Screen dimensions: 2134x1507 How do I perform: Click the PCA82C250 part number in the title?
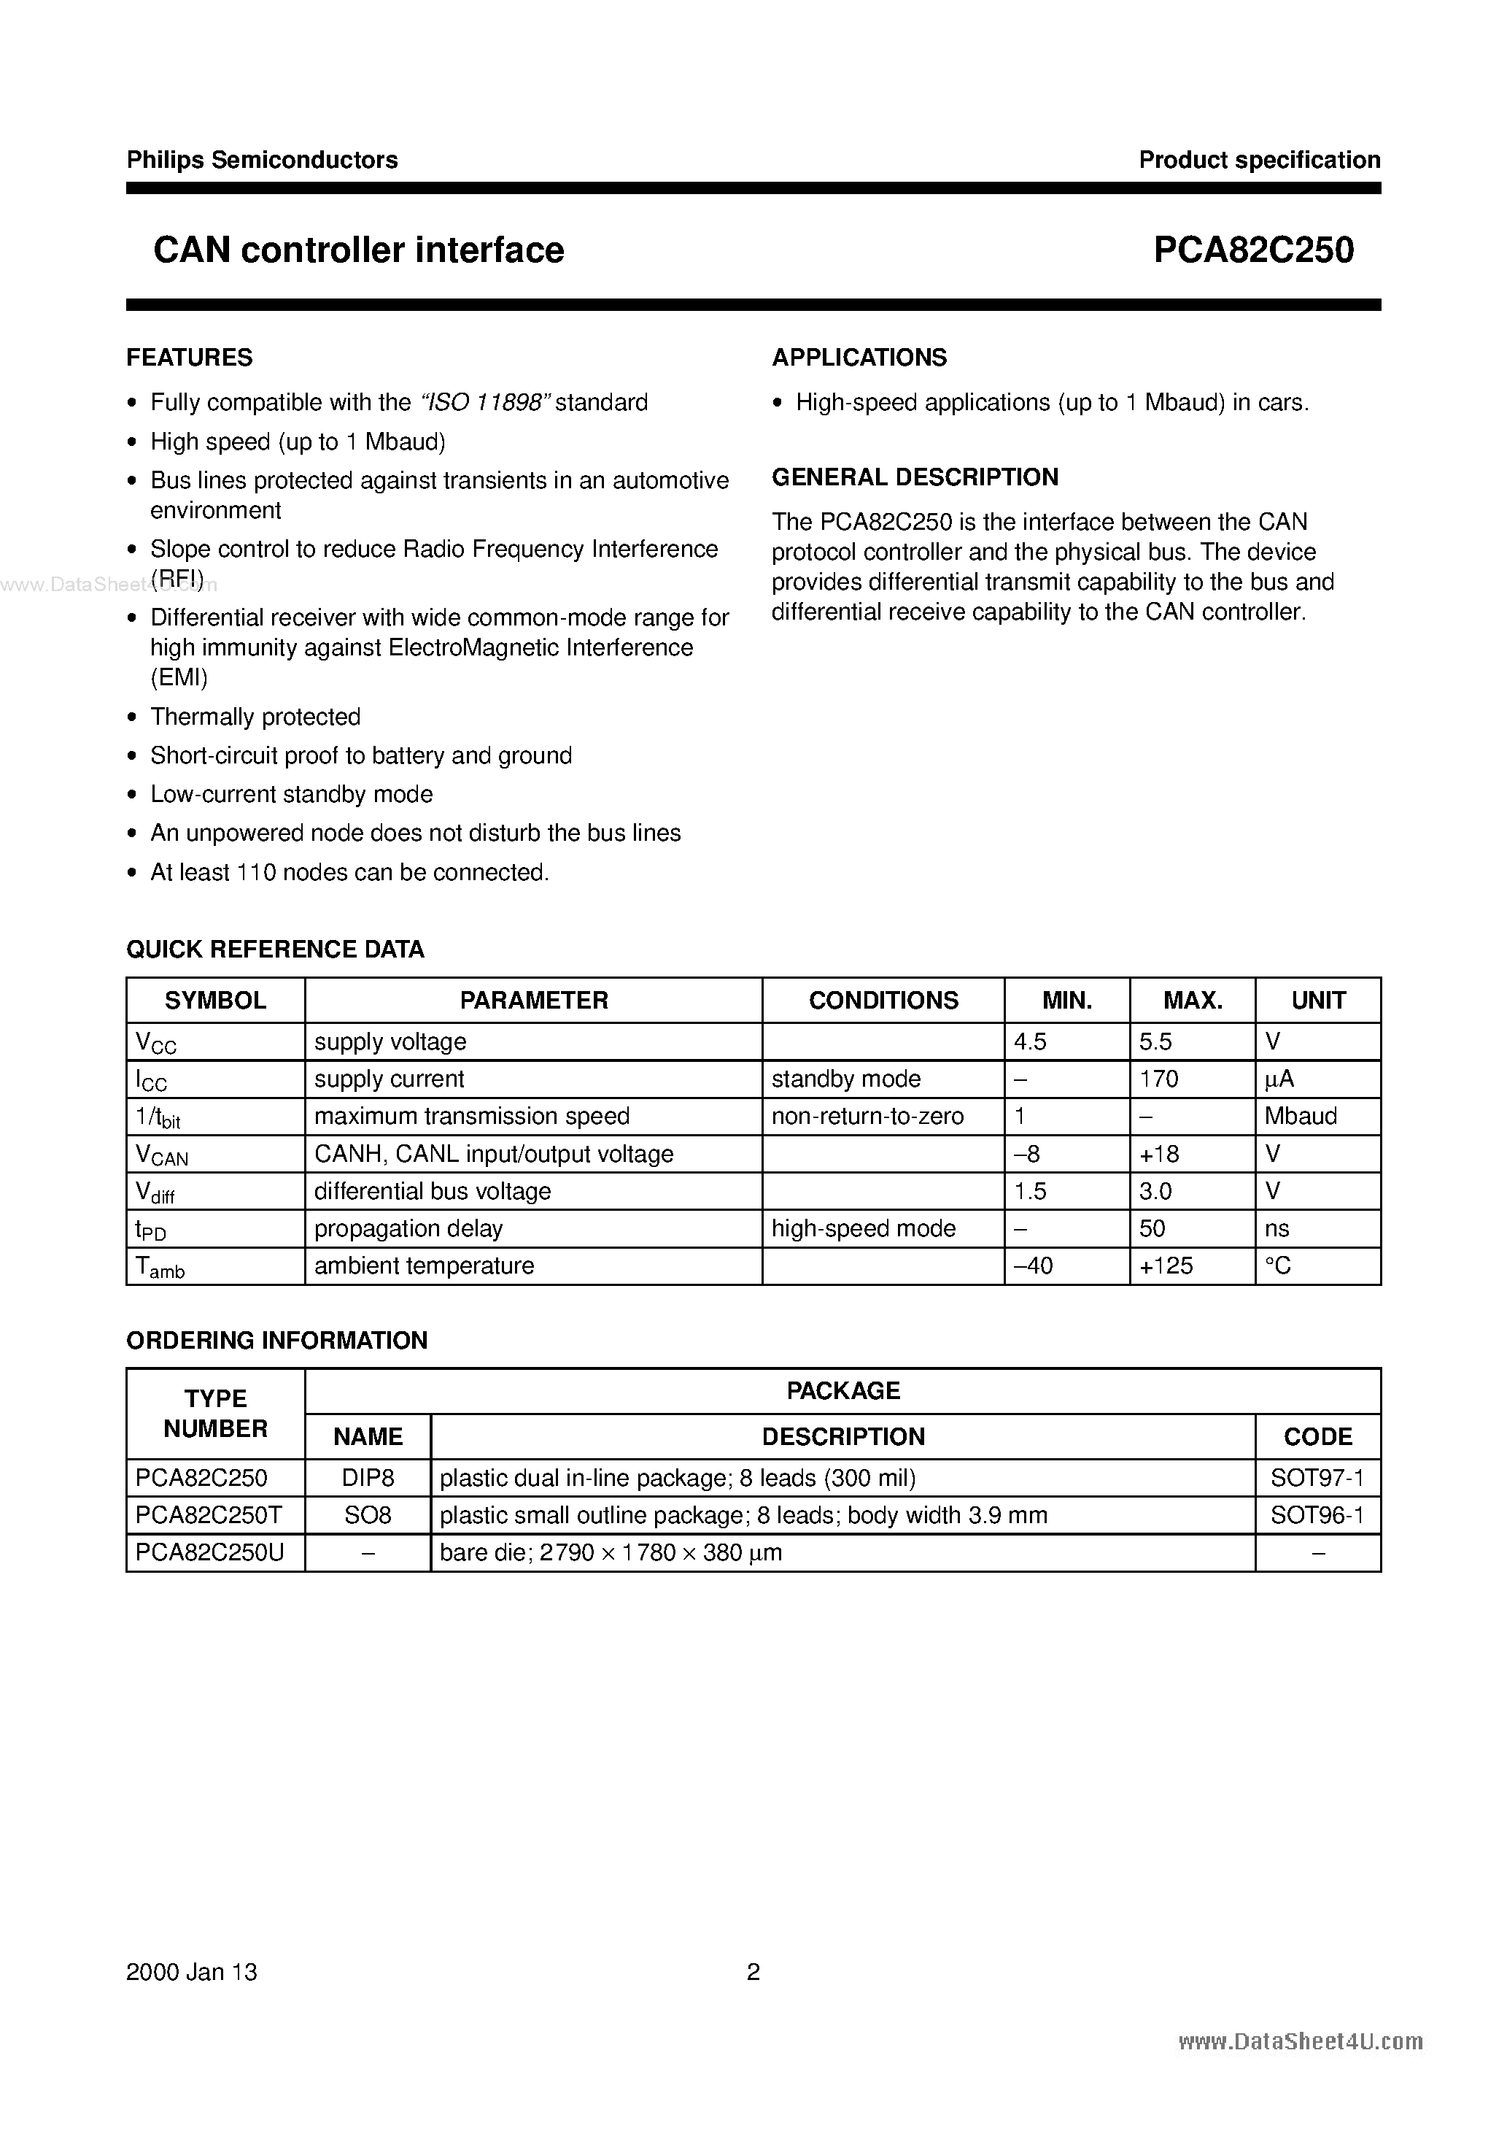click(x=1252, y=250)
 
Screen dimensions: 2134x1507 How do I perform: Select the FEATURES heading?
click(x=190, y=358)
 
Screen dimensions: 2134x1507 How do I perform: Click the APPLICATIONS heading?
click(x=859, y=358)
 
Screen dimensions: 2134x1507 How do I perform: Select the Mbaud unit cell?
click(x=1300, y=1116)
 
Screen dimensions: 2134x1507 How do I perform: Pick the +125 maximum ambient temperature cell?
click(x=1166, y=1266)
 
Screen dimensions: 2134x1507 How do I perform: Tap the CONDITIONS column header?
click(x=883, y=1001)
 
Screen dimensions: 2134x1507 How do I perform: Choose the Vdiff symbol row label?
click(x=155, y=1193)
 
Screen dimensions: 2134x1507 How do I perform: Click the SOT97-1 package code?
click(x=1317, y=1478)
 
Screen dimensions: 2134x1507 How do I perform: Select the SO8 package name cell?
click(x=368, y=1515)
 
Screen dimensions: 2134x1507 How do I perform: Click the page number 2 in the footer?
click(x=753, y=1971)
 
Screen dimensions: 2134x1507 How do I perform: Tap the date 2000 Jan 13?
click(x=191, y=1971)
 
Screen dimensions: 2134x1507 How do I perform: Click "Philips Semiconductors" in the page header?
click(x=262, y=160)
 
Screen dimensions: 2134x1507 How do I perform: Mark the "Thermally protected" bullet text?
click(x=255, y=717)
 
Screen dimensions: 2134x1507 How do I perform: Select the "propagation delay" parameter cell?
click(x=408, y=1229)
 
